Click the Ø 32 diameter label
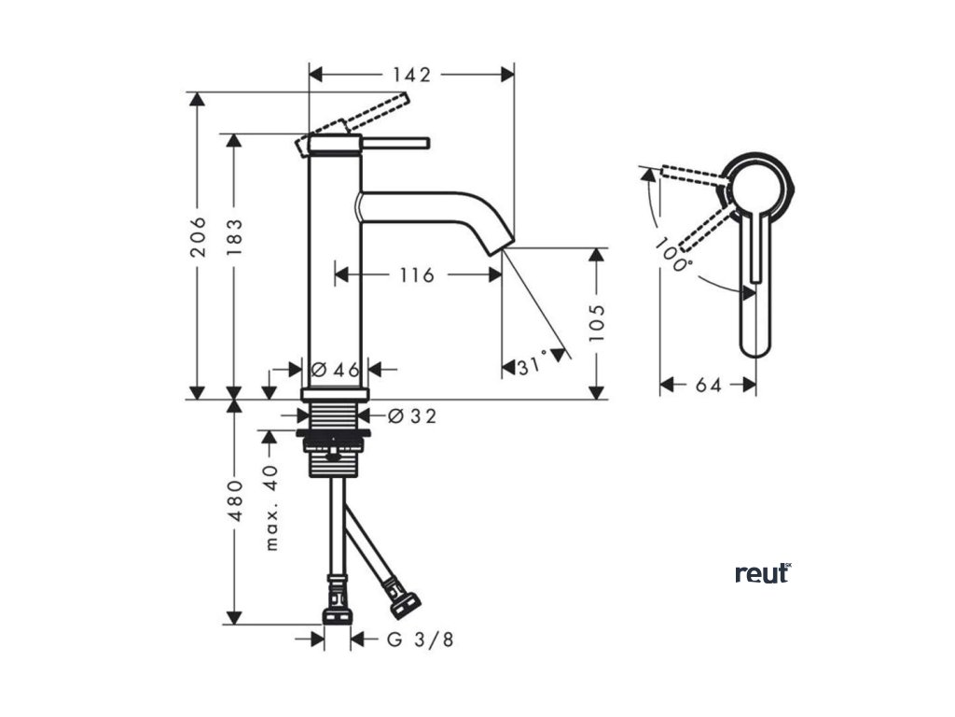coord(411,416)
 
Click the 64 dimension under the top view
coord(709,385)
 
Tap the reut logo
coord(763,573)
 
